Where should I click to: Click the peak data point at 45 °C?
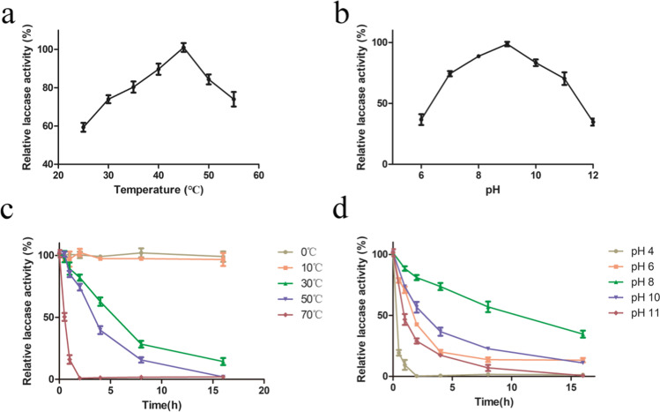point(183,47)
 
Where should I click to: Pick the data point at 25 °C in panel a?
point(83,127)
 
